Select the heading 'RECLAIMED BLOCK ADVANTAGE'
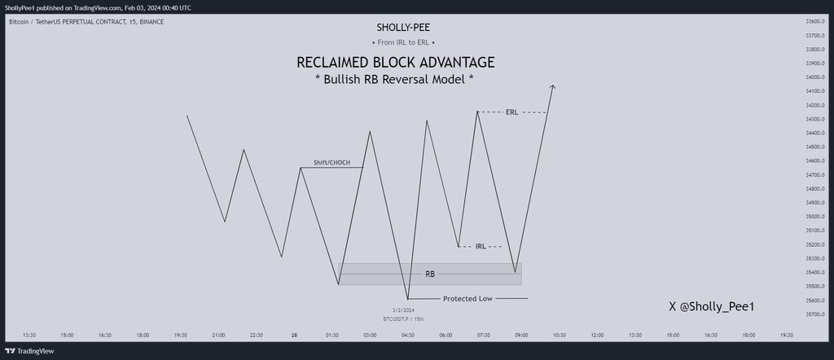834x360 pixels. point(395,63)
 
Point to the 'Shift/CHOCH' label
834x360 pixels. point(331,163)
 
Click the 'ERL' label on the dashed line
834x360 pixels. point(511,112)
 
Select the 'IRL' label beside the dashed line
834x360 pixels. point(481,246)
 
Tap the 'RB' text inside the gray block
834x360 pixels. point(429,274)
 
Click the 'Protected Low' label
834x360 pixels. point(467,299)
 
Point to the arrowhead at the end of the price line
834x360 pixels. point(552,86)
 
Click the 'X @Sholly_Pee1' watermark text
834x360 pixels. point(711,306)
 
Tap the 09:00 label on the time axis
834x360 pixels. point(521,335)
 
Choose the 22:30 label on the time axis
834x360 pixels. point(257,335)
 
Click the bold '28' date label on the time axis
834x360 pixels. point(294,335)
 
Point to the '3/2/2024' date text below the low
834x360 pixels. point(403,310)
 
